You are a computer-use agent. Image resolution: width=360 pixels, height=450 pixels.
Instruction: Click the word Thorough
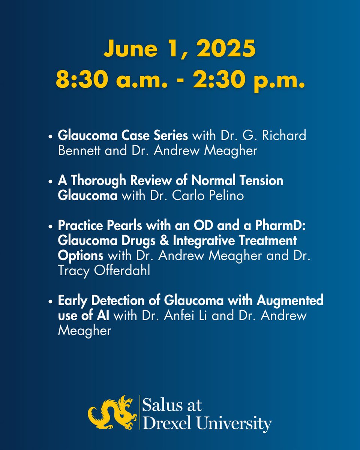tap(98, 181)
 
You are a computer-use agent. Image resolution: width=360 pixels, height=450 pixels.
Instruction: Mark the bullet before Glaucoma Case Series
tap(50, 136)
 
